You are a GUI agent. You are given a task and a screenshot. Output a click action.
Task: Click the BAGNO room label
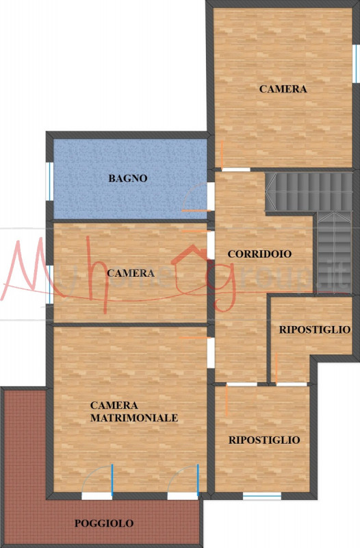click(x=128, y=178)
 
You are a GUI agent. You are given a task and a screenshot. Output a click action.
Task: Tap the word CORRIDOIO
click(x=259, y=253)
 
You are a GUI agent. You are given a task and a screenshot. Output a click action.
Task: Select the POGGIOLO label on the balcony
click(x=104, y=523)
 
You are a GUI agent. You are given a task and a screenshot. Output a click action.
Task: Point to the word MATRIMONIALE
click(x=134, y=417)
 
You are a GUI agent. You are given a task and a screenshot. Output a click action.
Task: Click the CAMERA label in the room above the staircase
click(x=283, y=89)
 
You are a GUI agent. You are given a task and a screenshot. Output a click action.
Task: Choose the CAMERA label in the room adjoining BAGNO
click(x=131, y=273)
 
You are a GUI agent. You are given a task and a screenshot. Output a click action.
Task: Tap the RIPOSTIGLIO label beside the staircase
click(x=315, y=329)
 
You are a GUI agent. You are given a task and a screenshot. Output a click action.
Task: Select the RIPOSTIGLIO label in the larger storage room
click(x=264, y=440)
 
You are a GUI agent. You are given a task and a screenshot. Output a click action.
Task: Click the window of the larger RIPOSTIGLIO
click(x=261, y=495)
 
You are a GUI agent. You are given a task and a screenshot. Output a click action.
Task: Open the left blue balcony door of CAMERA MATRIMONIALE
click(x=112, y=478)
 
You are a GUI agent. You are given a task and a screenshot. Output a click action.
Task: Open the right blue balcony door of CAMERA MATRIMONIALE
click(x=197, y=478)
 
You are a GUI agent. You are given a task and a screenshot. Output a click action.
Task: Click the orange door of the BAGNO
click(x=196, y=210)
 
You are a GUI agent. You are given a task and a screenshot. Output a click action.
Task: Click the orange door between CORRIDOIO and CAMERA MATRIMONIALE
click(x=192, y=338)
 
